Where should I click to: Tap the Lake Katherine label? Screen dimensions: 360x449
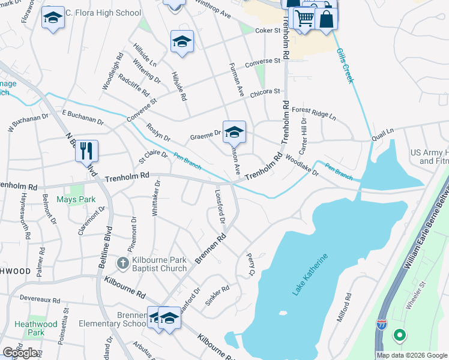(310, 275)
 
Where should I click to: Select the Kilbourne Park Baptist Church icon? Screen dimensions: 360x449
(122, 263)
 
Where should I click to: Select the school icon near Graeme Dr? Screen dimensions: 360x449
(234, 132)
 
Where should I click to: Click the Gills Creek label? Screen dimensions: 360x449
(346, 66)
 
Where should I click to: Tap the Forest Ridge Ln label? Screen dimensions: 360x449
(313, 113)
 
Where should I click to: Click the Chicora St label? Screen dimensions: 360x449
(265, 92)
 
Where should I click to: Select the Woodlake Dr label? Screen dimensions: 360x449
(302, 166)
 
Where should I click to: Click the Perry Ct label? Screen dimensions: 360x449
(250, 265)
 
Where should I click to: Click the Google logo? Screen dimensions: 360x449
(20, 353)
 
